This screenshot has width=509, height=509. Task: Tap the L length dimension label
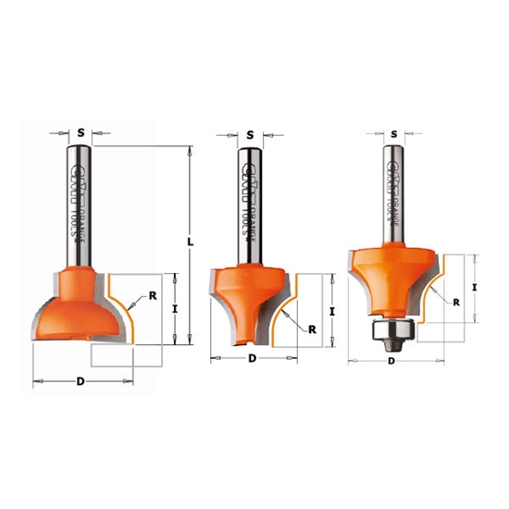click(x=190, y=242)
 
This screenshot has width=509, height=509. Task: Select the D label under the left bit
click(x=81, y=381)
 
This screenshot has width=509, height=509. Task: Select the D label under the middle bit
click(x=253, y=357)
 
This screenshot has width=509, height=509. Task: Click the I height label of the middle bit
click(x=331, y=310)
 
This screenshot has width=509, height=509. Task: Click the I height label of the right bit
click(x=474, y=288)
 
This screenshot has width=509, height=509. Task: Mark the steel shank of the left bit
click(x=77, y=204)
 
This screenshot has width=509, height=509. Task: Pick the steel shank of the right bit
click(x=390, y=194)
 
